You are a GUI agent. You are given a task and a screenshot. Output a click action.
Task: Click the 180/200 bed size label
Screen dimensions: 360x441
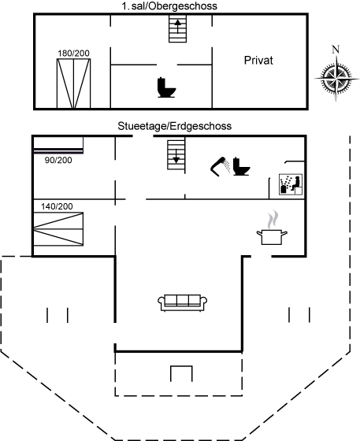pyautogui.click(x=73, y=54)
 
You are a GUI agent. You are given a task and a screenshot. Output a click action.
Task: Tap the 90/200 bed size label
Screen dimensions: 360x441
pyautogui.click(x=58, y=160)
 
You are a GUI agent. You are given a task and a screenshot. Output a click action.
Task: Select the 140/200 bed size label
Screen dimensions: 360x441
pyautogui.click(x=57, y=206)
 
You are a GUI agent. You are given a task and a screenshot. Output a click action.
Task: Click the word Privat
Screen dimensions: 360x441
pyautogui.click(x=258, y=61)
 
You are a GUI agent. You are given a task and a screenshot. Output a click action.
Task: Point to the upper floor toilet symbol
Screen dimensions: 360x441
pyautogui.click(x=166, y=87)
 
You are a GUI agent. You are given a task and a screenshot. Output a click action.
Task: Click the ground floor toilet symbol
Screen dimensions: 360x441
pyautogui.click(x=241, y=166)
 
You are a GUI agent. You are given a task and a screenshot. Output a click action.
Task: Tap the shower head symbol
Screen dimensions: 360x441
pyautogui.click(x=221, y=166)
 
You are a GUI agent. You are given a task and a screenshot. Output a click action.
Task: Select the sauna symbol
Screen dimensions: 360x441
pyautogui.click(x=291, y=184)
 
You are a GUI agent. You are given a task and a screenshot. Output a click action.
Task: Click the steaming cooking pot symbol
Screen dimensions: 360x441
pyautogui.click(x=272, y=228)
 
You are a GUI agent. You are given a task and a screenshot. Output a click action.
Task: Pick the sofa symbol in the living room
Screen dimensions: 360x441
pyautogui.click(x=183, y=303)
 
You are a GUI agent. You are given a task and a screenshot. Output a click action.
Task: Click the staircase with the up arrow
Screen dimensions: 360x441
pyautogui.click(x=177, y=28)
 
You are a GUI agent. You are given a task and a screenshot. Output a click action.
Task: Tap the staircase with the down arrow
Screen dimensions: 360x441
pyautogui.click(x=176, y=155)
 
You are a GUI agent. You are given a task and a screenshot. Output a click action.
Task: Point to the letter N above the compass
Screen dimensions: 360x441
pyautogui.click(x=336, y=50)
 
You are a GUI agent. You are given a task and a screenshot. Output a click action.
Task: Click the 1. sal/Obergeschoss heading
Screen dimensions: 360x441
pyautogui.click(x=169, y=6)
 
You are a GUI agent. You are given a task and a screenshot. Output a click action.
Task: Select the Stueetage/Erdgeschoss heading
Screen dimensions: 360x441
pyautogui.click(x=175, y=126)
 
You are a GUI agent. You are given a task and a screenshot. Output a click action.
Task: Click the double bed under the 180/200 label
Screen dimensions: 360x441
pyautogui.click(x=74, y=83)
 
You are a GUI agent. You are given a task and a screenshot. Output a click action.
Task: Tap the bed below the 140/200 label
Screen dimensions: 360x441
pyautogui.click(x=58, y=229)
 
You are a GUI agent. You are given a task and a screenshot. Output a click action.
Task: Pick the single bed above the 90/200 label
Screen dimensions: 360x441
pyautogui.click(x=58, y=145)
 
